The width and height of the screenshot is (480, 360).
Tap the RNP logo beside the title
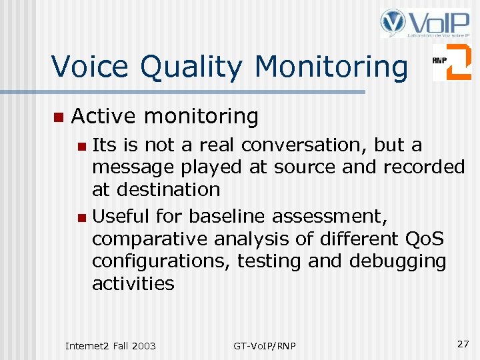[451, 62]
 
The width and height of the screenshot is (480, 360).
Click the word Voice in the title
[89, 66]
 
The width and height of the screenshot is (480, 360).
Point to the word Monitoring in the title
[331, 67]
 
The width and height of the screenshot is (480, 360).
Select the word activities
[133, 284]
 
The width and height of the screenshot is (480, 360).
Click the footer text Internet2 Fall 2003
[111, 345]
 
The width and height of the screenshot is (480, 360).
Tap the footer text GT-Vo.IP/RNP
[265, 345]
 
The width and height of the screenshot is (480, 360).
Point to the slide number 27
[463, 343]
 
